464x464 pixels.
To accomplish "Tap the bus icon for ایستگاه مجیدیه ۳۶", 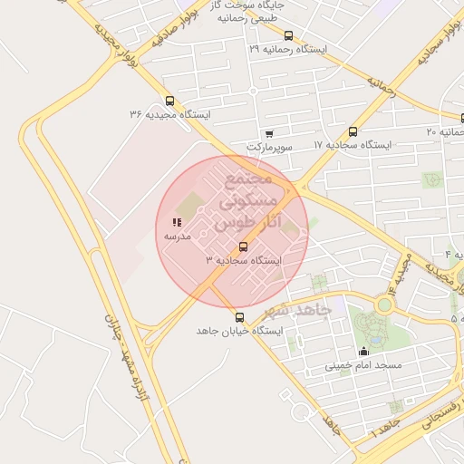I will tap(170, 101).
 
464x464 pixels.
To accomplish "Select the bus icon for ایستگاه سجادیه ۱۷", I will tap(353, 131).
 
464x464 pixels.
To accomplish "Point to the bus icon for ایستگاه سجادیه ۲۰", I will tap(432, 132).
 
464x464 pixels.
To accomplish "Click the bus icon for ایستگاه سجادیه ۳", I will tap(242, 246).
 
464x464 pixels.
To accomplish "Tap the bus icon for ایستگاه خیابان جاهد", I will tap(240, 317).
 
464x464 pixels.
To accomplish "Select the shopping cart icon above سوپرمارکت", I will tap(268, 133).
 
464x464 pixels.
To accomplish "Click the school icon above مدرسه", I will tap(176, 222).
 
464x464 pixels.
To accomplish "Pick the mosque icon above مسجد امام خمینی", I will tap(364, 352).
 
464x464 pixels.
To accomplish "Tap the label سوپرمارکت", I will tap(268, 146).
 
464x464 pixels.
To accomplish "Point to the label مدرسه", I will tap(176, 236).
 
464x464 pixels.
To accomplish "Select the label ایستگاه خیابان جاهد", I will tap(240, 332).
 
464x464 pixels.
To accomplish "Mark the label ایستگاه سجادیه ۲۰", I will tap(444, 132).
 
